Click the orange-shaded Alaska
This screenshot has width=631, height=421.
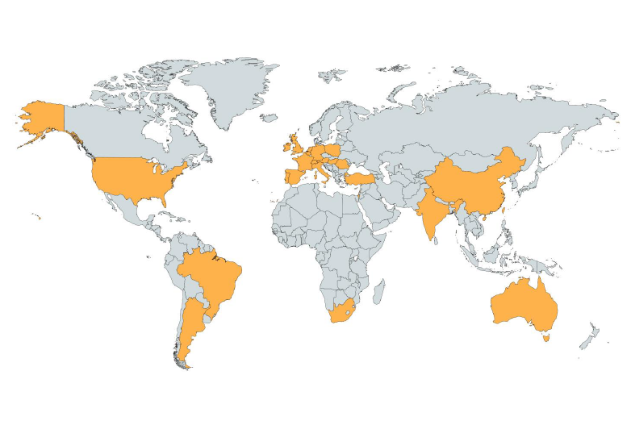[44, 118]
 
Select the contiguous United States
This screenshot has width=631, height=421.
[137, 181]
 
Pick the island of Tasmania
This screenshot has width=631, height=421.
[548, 339]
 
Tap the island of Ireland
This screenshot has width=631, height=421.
[286, 148]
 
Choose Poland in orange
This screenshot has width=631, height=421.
[332, 150]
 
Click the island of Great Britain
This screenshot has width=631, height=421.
[298, 148]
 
